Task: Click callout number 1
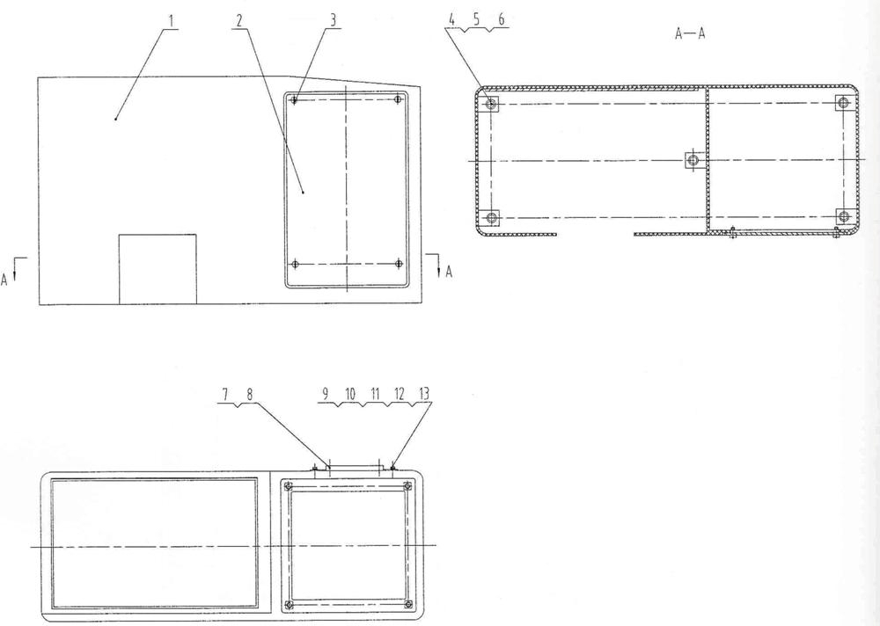coord(172,21)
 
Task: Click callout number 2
coord(239,21)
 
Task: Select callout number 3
coord(333,20)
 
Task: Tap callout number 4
coord(451,19)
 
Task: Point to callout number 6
coord(502,19)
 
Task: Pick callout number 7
coord(225,395)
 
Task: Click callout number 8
coord(250,395)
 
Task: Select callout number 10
coord(350,394)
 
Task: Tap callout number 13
coord(425,394)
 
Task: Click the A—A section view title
coord(690,33)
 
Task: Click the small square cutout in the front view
coord(158,269)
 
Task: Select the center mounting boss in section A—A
coord(693,160)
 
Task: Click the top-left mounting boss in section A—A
coord(491,103)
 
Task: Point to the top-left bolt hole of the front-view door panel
coord(294,100)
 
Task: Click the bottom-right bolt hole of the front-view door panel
coord(399,263)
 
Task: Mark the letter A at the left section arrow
coord(4,279)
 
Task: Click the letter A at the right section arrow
coord(449,272)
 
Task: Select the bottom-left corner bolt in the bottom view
coord(289,604)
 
